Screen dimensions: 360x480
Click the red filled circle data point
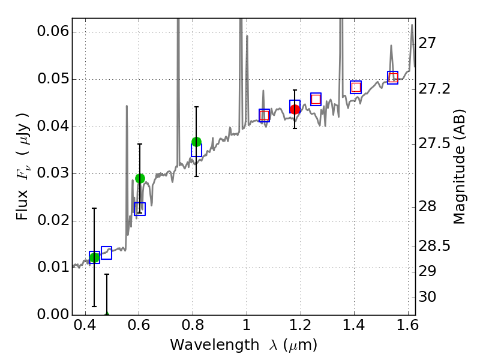295,109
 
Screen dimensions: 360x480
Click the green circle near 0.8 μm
196,142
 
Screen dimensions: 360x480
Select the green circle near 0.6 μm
140,178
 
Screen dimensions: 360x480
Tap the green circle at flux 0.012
94,258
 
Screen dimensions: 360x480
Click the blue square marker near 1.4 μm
356,87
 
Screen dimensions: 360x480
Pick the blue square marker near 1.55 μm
393,77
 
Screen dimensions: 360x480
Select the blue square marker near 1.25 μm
316,99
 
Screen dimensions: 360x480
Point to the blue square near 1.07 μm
264,115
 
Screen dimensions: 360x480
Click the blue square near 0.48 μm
106,253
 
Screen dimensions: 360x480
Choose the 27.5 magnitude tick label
434,144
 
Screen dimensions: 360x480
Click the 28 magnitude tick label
430,207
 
